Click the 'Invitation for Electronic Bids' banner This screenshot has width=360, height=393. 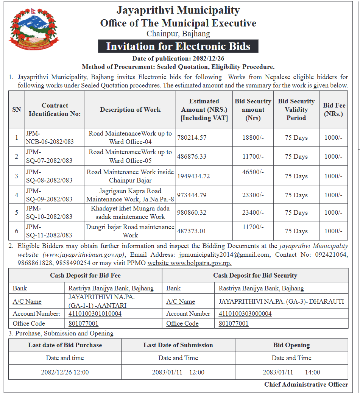pos(178,46)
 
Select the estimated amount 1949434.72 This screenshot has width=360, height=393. pos(193,176)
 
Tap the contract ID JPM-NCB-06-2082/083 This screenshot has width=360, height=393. pos(50,138)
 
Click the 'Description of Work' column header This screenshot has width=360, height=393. pos(130,109)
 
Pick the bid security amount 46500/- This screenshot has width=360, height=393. pos(253,172)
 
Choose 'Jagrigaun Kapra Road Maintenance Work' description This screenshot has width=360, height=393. pos(130,195)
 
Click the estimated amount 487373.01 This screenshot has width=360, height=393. pos(192,231)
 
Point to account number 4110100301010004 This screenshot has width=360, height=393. pos(95,313)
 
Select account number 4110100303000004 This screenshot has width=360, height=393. pos(245,313)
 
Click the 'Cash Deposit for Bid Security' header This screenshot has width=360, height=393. pos(255,275)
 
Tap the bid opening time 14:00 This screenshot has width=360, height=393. pos(312,372)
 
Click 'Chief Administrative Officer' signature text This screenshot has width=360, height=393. pos(306,384)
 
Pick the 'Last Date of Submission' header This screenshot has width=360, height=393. pos(178,345)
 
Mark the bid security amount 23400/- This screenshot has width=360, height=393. pos(253,212)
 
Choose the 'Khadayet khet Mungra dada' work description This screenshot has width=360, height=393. pos(130,212)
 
